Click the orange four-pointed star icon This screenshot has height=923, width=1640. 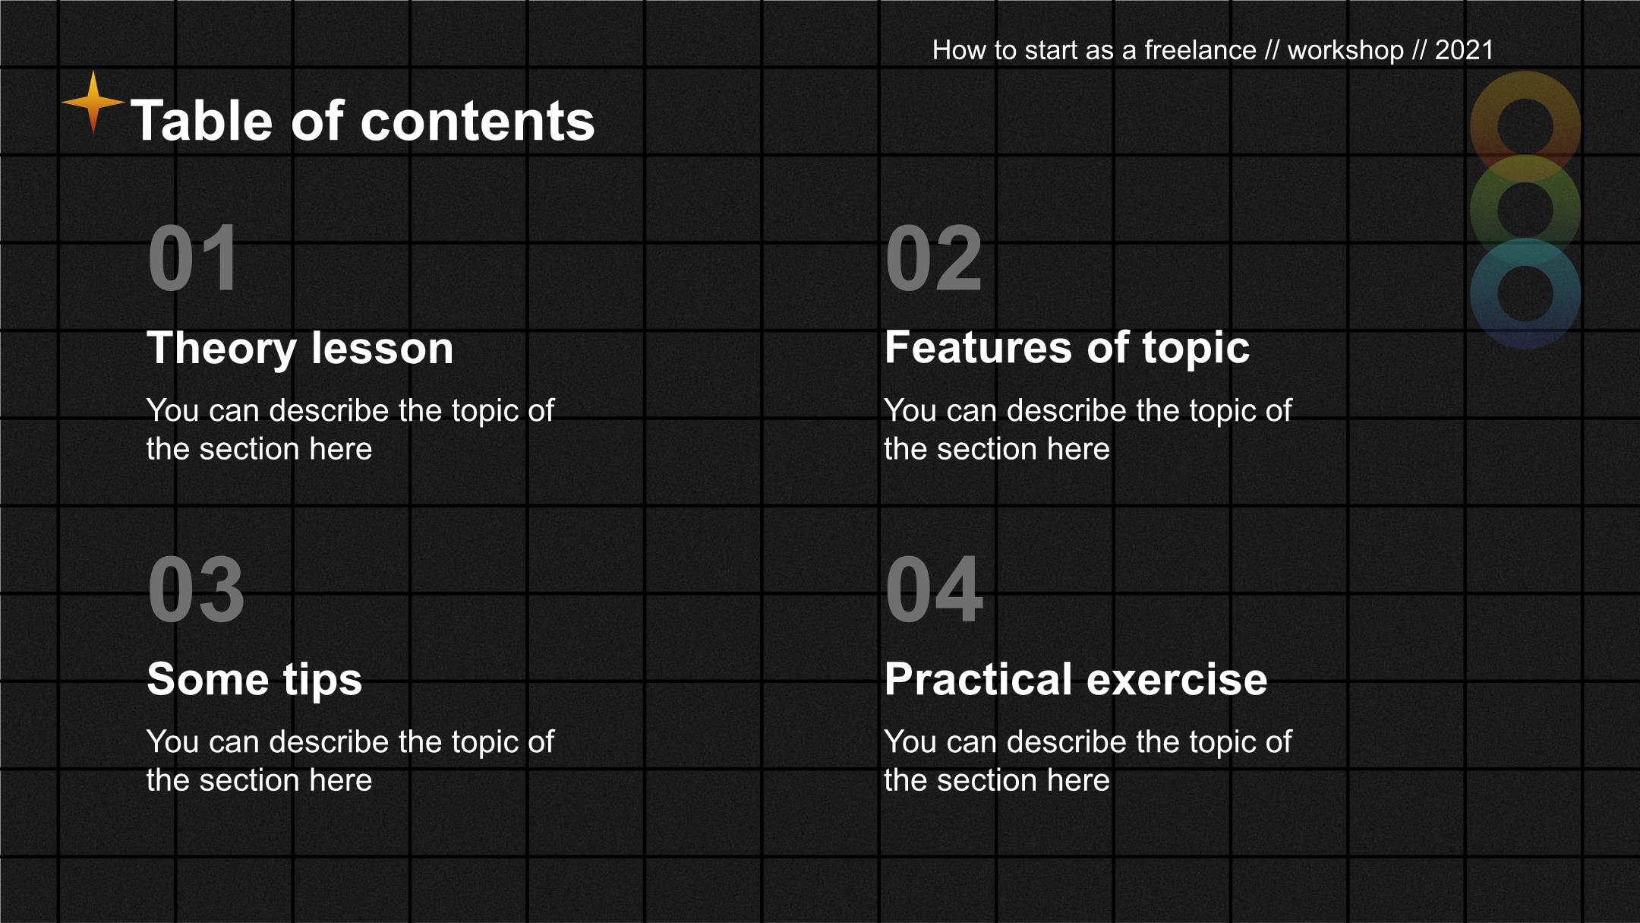point(93,102)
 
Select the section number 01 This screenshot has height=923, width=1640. point(194,258)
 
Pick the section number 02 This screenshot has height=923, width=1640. point(934,258)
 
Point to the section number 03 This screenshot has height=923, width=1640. point(196,590)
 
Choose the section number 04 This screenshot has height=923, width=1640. point(934,590)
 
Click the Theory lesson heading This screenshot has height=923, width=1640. point(300,348)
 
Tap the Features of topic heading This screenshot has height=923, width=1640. point(1067,348)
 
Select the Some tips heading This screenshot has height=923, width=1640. point(254,680)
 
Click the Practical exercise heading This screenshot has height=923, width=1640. point(1076,679)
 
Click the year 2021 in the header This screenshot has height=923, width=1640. point(1464,50)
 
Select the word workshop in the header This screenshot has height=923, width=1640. point(1345,51)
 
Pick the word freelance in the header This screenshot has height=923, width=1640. point(1200,50)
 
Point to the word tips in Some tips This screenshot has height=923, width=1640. point(323,681)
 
